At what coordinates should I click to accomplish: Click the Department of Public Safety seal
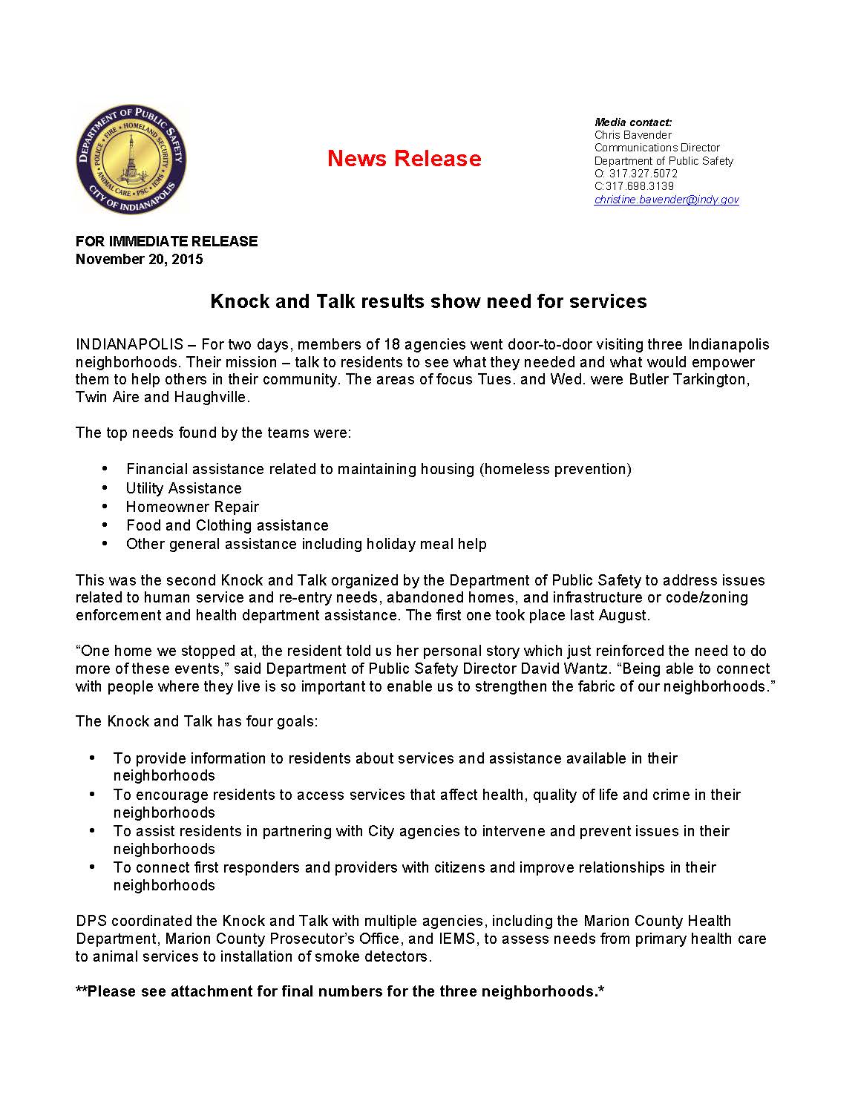click(x=131, y=160)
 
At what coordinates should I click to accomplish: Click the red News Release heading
click(x=404, y=158)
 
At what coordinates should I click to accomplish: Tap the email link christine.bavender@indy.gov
click(x=666, y=200)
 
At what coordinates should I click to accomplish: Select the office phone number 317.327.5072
click(x=643, y=174)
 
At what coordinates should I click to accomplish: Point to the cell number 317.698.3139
click(x=640, y=186)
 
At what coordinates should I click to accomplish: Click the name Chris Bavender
click(x=632, y=135)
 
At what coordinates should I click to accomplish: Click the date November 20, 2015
click(x=139, y=259)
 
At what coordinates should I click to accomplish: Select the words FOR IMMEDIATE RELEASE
click(x=166, y=241)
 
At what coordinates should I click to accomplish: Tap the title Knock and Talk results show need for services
click(x=428, y=301)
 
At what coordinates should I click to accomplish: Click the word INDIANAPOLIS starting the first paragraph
click(x=129, y=344)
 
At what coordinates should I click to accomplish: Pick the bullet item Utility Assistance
click(x=183, y=488)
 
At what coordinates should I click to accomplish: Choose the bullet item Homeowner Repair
click(x=192, y=507)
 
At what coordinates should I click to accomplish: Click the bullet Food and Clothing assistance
click(x=227, y=525)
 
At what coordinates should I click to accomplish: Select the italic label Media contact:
click(x=633, y=122)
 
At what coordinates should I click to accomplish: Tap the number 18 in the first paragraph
click(x=393, y=344)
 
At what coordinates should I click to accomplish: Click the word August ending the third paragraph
click(x=626, y=615)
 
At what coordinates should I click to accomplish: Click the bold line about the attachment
click(x=339, y=991)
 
